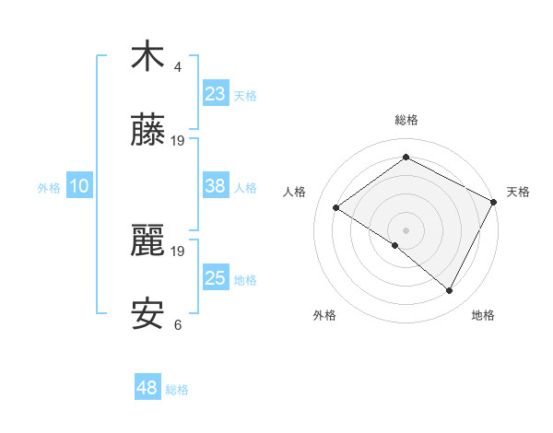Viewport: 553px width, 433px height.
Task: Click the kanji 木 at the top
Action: [x=147, y=57]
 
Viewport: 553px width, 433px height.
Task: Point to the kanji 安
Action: [x=147, y=315]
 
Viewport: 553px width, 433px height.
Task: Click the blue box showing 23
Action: [x=216, y=94]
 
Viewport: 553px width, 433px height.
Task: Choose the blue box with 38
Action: [x=216, y=186]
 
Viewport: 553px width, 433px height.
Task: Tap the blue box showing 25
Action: [x=216, y=278]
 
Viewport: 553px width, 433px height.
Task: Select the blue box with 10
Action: [x=79, y=186]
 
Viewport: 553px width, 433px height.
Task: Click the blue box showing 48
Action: [x=147, y=389]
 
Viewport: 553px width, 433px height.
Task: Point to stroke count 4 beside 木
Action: [x=178, y=67]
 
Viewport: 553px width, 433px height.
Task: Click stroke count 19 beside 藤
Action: [x=178, y=141]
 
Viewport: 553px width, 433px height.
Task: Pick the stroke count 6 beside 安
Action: [x=178, y=325]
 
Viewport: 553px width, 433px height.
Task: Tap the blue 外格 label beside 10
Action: [x=49, y=187]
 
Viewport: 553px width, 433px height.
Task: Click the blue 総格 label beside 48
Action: [x=177, y=390]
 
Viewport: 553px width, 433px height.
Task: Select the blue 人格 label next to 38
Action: [x=245, y=187]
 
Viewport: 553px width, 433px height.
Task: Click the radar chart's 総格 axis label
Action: [x=406, y=120]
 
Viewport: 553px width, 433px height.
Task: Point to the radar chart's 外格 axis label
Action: [x=324, y=315]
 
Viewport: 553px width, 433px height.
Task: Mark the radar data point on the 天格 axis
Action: [x=494, y=202]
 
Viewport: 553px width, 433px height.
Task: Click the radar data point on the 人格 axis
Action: [x=336, y=207]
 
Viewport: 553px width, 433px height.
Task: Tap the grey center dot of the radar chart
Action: [x=406, y=229]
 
